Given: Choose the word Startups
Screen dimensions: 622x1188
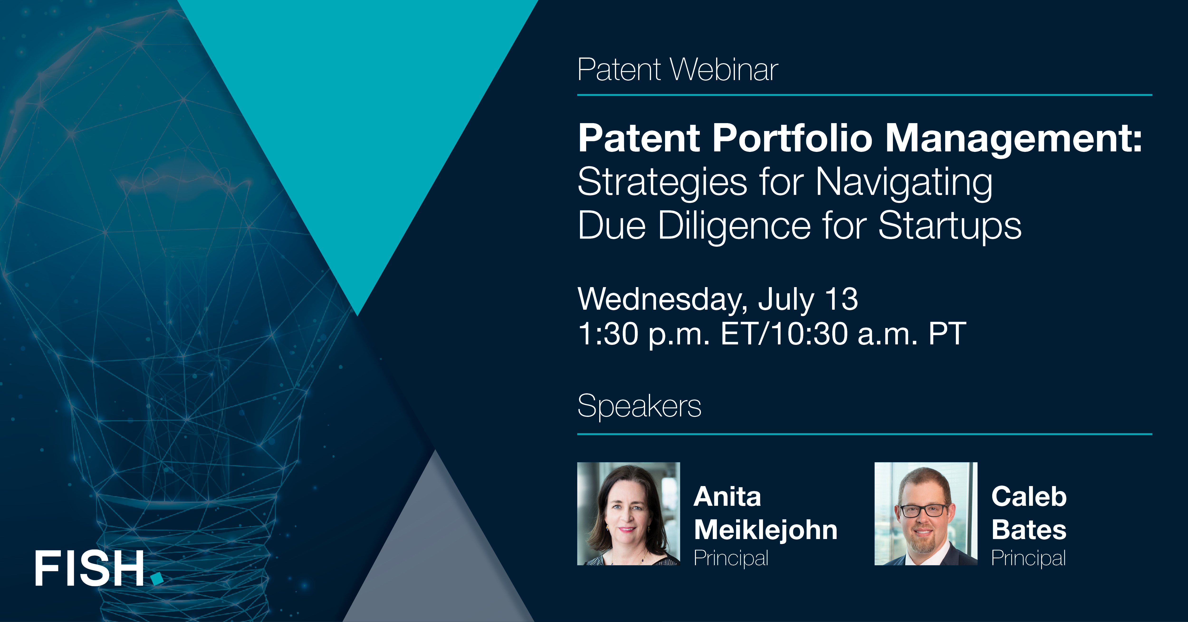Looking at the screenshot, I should click(950, 226).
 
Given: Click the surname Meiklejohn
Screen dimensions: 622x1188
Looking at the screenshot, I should click(766, 530).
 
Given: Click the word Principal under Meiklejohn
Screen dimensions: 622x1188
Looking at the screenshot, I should click(731, 558).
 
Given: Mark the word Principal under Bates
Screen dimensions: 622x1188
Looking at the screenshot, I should click(1028, 558).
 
